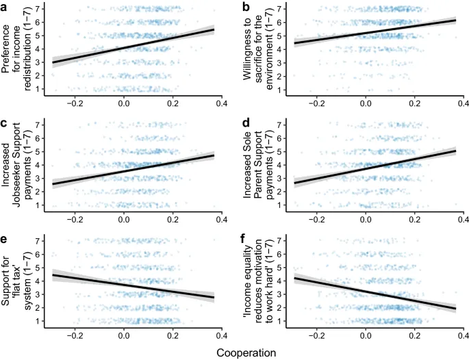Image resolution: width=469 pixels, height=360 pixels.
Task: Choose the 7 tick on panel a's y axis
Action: pyautogui.click(x=42, y=9)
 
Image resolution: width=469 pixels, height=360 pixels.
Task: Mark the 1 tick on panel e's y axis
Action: pyautogui.click(x=42, y=321)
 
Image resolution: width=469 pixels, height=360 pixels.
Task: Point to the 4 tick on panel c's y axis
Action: pyautogui.click(x=42, y=165)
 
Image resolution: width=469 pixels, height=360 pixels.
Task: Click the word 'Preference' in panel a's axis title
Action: pyautogui.click(x=9, y=49)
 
